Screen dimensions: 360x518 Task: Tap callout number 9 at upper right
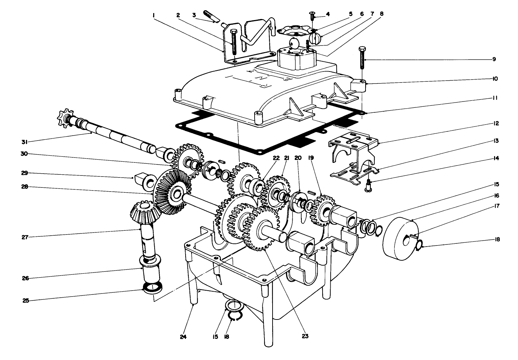494,59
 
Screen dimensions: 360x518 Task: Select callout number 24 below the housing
183,336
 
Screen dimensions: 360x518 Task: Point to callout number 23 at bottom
305,336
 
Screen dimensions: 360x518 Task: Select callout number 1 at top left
154,15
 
